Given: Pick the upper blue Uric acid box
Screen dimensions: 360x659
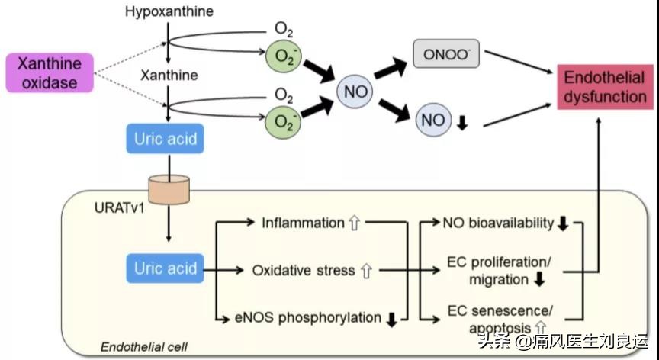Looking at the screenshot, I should (x=166, y=140).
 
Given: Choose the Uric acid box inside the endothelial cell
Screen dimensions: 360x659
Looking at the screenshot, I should (x=166, y=268).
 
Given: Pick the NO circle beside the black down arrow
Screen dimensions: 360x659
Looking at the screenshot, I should (x=433, y=120).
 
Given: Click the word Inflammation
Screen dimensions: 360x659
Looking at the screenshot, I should (x=303, y=223).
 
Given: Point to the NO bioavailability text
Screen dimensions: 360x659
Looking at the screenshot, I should (x=499, y=223).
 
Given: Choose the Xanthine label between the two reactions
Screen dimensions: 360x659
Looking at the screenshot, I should (x=169, y=76).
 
